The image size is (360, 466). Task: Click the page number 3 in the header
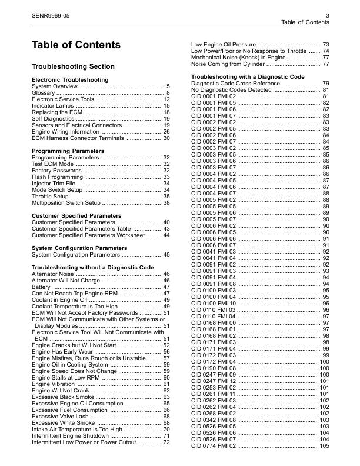click(x=326, y=15)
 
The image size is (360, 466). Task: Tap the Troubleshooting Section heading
click(x=73, y=66)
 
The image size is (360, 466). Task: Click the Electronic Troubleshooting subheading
click(x=69, y=79)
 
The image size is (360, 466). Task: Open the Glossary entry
click(x=44, y=92)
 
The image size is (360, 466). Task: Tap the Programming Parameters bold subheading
click(x=68, y=151)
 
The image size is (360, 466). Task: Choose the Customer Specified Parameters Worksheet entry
click(x=88, y=235)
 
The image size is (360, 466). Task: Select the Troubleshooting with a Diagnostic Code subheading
click(x=248, y=77)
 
